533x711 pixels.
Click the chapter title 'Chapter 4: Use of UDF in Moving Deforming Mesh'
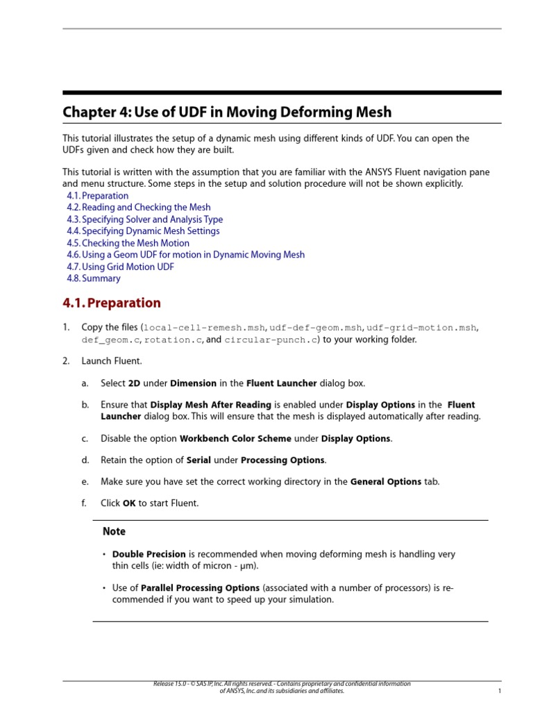227,112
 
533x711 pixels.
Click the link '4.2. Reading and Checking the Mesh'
139,208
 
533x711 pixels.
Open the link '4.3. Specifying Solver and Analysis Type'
145,219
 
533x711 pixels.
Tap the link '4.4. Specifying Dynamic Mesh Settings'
143,231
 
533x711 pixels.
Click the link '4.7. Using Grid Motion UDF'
121,267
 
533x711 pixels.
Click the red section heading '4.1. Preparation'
112,303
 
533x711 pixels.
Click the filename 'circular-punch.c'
271,340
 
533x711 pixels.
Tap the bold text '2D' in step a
135,383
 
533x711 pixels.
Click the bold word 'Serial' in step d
198,460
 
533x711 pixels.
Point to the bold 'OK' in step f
129,503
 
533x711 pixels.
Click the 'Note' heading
114,532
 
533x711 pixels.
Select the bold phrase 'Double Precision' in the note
149,555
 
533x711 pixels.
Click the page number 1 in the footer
500,692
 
